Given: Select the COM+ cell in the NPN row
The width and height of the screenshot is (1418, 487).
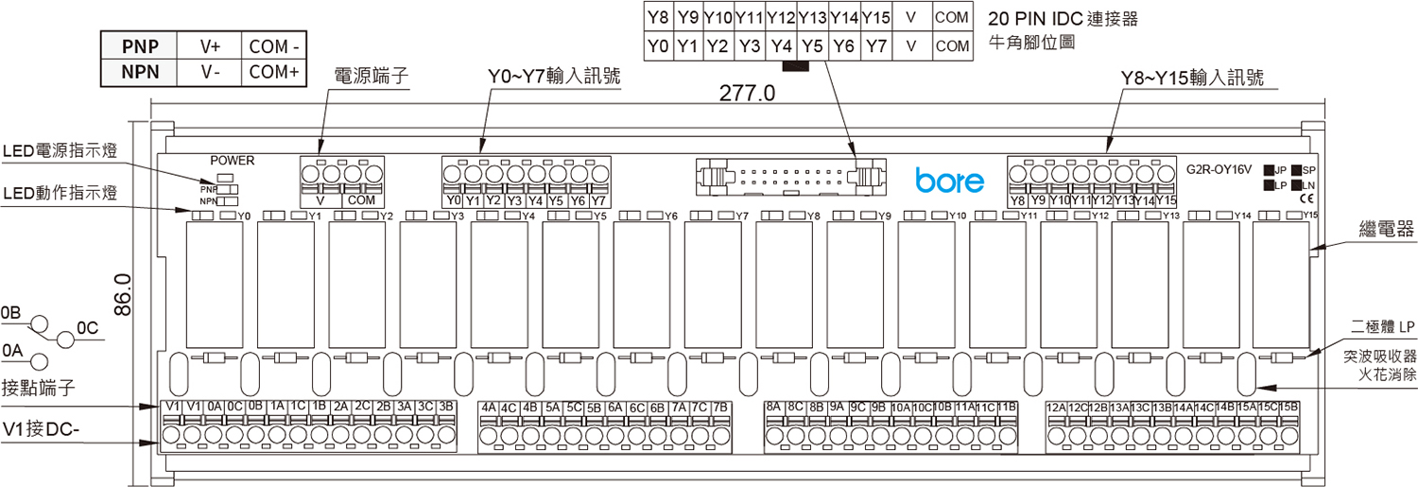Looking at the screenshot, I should click(273, 72).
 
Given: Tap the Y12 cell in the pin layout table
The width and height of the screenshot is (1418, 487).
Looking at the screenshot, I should click(782, 17).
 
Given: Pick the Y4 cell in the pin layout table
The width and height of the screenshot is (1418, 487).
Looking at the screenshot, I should click(782, 45).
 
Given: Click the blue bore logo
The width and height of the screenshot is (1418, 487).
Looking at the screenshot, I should click(949, 181).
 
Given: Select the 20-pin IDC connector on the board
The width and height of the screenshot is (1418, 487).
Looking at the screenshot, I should click(788, 177).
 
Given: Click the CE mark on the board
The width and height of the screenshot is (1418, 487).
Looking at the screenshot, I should click(1306, 200).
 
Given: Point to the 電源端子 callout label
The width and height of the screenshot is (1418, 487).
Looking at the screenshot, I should click(372, 77).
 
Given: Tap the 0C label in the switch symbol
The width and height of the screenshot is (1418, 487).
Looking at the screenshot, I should click(87, 328).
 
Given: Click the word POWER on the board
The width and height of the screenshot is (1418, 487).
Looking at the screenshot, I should click(233, 161).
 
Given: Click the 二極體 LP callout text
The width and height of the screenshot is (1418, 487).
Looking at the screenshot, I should click(1383, 326).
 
